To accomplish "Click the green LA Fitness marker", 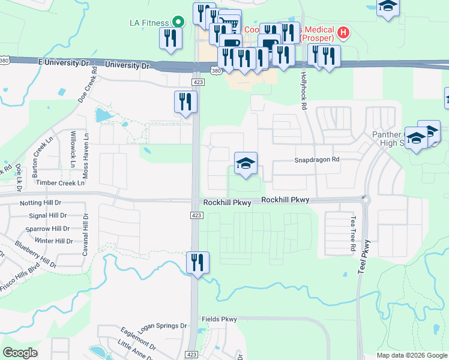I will [178, 23].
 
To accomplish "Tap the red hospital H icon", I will [343, 31].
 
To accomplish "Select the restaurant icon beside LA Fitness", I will [169, 38].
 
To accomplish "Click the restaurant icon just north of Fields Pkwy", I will [197, 262].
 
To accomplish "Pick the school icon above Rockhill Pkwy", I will [245, 163].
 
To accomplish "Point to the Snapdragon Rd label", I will [317, 160].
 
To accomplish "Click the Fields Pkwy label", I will [220, 319].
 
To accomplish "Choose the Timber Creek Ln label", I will [60, 183].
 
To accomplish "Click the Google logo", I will [20, 353].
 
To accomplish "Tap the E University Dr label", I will [64, 62].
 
